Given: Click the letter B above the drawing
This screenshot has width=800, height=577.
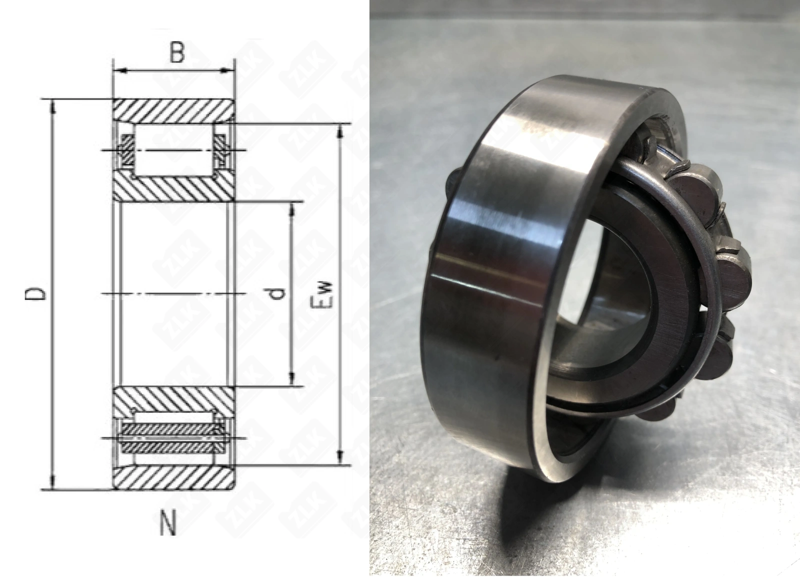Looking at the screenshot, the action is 176,54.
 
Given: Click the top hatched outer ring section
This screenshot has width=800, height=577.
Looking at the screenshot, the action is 173,112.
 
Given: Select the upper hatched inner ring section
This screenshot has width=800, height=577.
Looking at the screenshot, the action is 173,188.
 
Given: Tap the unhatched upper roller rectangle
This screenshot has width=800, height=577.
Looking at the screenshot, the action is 174,150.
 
